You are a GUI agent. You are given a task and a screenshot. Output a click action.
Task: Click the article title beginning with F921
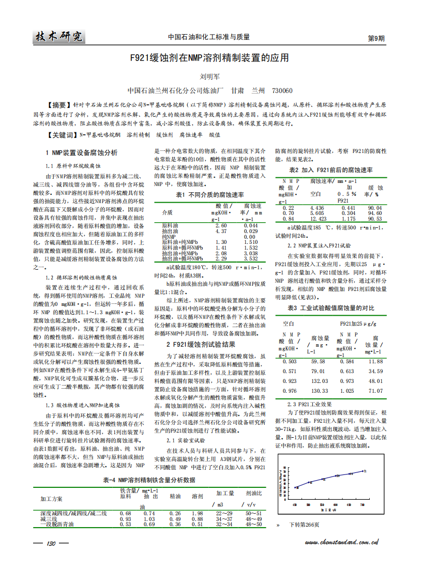point(209,58)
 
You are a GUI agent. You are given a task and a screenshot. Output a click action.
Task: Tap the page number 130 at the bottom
point(51,543)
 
